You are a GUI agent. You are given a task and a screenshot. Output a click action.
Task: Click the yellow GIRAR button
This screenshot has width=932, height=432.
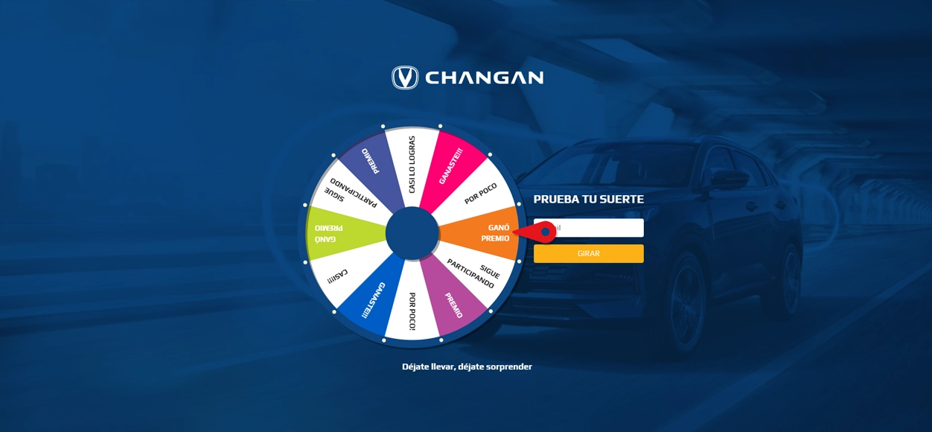click(588, 253)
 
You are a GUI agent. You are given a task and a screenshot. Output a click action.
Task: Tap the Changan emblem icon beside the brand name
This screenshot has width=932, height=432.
click(405, 77)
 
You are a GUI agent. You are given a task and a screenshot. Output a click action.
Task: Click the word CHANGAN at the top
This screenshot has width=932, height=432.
click(485, 77)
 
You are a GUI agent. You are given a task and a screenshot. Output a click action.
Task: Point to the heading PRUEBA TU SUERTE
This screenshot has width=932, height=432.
click(588, 200)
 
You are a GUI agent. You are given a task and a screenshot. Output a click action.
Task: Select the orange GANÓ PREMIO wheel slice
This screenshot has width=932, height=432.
click(482, 233)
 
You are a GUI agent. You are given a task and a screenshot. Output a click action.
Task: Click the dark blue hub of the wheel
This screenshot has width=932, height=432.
click(412, 233)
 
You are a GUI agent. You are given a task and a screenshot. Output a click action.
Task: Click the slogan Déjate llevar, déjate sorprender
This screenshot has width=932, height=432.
click(467, 366)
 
